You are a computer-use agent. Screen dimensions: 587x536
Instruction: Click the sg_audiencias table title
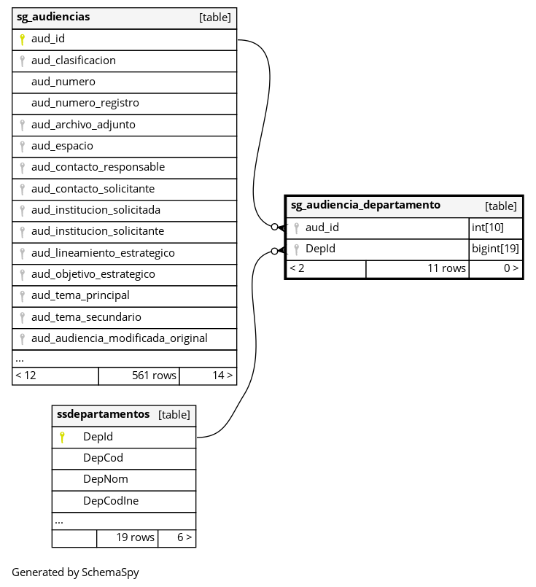tap(53, 17)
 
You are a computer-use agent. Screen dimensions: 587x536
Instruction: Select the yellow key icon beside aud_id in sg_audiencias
tap(23, 39)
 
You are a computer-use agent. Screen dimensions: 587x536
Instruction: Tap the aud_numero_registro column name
tap(85, 103)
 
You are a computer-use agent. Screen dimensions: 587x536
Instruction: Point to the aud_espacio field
tap(62, 146)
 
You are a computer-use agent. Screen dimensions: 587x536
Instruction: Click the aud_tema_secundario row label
tap(86, 317)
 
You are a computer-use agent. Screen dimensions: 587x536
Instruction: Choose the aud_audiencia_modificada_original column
tap(119, 338)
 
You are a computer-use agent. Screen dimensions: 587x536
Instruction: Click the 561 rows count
tap(154, 376)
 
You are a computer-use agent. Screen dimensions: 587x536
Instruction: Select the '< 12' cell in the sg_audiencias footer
tap(26, 376)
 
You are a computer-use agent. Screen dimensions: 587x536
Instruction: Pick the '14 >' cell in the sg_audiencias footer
tap(222, 376)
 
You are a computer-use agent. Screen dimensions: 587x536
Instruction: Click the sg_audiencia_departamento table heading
tap(365, 205)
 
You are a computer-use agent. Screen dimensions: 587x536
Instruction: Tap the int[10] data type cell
tap(488, 228)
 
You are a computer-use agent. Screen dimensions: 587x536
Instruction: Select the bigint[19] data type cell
tap(495, 249)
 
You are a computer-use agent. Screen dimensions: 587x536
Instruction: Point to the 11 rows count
tap(446, 268)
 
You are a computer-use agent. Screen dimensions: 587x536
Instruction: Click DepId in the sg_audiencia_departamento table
tap(320, 249)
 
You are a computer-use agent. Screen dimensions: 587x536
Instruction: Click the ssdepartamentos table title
tap(103, 414)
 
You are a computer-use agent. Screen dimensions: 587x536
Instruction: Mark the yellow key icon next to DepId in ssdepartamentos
tap(62, 438)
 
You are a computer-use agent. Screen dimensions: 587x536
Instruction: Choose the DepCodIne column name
tap(111, 501)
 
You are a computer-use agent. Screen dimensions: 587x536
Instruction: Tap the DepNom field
tap(105, 479)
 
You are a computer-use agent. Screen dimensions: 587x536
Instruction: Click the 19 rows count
tap(136, 537)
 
